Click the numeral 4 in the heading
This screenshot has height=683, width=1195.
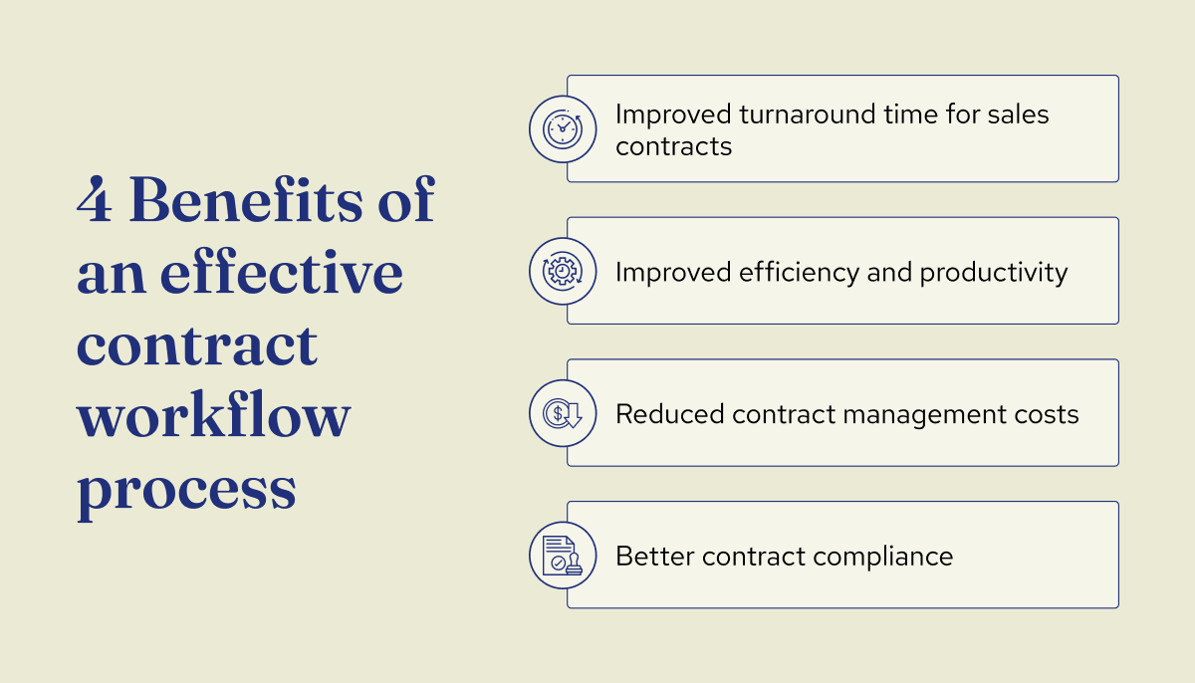coord(95,201)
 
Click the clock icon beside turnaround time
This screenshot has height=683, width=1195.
coord(563,129)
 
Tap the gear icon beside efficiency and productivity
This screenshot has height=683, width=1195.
coord(563,271)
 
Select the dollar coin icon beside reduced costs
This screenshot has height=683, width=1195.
coord(563,413)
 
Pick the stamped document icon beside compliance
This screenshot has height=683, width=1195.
coord(563,555)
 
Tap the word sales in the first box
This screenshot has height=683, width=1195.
coord(1019,114)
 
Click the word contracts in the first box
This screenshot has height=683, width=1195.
coord(673,146)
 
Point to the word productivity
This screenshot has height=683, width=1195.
coord(993,272)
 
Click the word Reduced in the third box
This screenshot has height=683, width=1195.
coord(669,414)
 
